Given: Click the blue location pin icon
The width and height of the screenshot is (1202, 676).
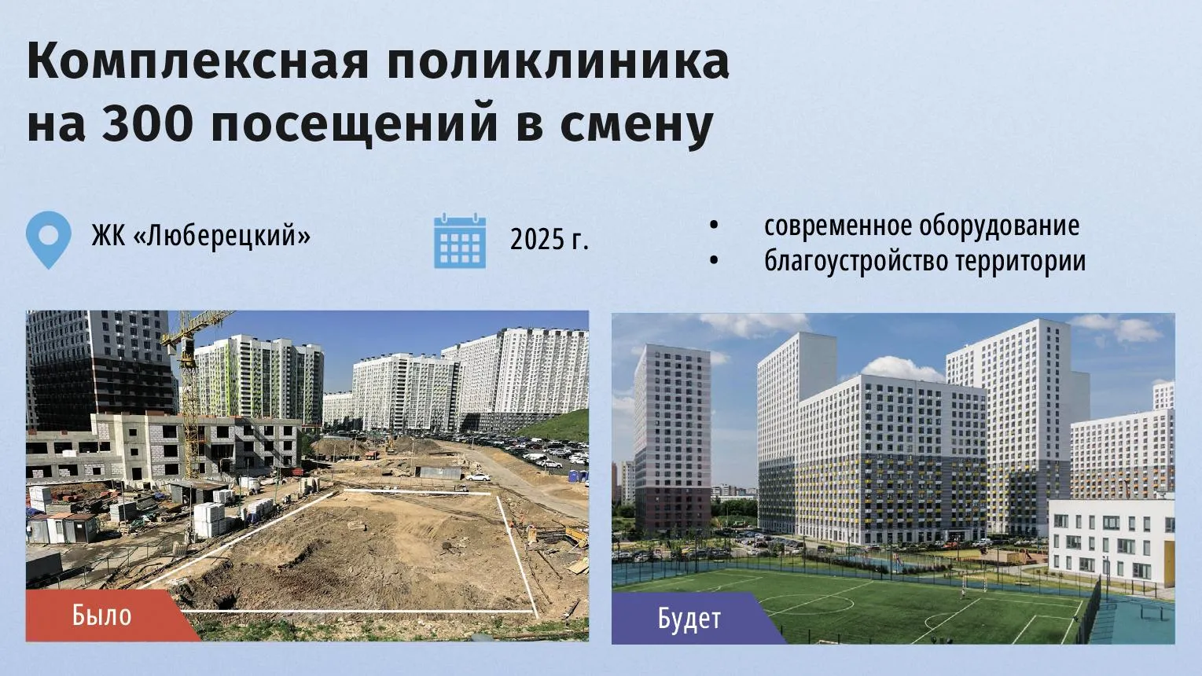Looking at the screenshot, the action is click(x=48, y=239).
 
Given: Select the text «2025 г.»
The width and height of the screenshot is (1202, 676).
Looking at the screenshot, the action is click(x=550, y=239).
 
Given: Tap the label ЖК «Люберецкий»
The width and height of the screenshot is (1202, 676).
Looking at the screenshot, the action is click(x=200, y=236).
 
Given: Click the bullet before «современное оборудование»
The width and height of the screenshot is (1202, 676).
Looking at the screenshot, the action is click(x=714, y=226).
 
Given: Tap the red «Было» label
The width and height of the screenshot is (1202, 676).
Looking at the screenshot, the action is click(x=102, y=615).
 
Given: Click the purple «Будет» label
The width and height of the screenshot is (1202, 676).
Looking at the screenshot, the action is click(x=689, y=619).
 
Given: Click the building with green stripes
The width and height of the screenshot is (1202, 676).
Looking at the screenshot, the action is click(x=259, y=377).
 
